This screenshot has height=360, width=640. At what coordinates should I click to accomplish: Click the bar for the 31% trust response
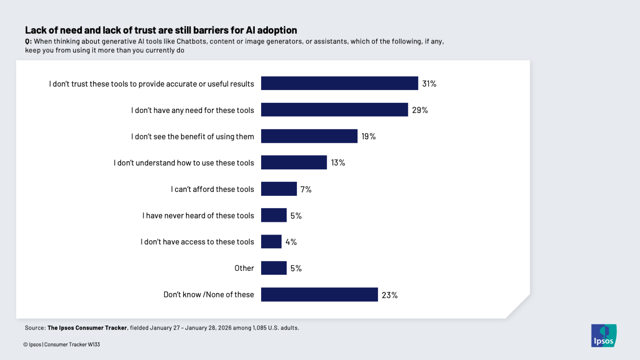(339, 84)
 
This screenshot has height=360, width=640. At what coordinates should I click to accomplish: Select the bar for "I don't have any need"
(334, 110)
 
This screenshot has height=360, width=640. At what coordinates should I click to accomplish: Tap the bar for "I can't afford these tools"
(279, 189)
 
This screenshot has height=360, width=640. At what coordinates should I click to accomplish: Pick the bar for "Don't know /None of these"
(319, 295)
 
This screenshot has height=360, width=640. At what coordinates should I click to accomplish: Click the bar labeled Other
(273, 268)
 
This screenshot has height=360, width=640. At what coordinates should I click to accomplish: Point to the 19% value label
(369, 136)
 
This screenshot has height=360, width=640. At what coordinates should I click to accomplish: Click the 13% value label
(338, 163)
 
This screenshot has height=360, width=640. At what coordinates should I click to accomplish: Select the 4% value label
(291, 242)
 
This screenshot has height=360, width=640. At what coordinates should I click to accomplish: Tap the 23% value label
(390, 295)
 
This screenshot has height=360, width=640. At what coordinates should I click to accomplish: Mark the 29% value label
(420, 110)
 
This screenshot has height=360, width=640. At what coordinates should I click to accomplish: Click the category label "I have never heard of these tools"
(198, 216)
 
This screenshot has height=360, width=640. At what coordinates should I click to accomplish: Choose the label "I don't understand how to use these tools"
(183, 163)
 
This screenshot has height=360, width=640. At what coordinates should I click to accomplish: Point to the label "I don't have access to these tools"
(197, 242)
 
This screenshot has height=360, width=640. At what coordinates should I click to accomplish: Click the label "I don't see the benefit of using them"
(192, 136)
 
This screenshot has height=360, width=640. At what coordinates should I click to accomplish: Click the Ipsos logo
(604, 336)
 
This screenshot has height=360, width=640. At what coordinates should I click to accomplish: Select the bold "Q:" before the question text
(28, 41)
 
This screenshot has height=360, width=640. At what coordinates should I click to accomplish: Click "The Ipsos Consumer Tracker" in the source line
(87, 328)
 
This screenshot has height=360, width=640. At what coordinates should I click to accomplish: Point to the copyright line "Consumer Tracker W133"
(72, 345)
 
